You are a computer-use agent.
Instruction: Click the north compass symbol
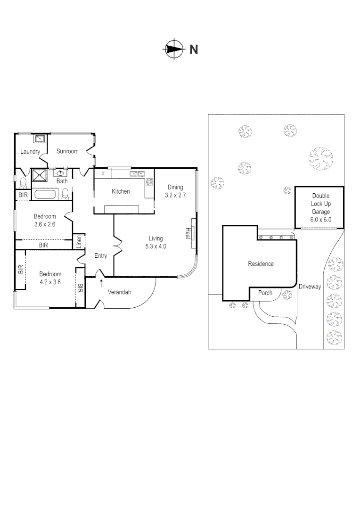pos(173,49)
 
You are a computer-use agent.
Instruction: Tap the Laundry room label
pos(30,152)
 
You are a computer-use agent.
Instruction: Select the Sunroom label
pos(67,151)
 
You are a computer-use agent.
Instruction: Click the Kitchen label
pos(121,191)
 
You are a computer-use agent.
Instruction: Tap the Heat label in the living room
pos(187,233)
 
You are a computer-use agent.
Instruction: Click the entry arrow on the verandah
pos(100,282)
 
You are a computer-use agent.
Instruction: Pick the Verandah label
pos(120,292)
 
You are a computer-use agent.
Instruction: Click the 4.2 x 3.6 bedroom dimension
pos(50,282)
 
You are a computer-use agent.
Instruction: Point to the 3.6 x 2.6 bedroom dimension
pos(45,224)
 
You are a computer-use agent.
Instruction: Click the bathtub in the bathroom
pos(46,194)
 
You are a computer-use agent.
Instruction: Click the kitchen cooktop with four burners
pos(149,181)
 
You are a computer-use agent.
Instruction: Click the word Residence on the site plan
pos(261,264)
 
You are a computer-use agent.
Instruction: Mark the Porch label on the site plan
pos(265,293)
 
